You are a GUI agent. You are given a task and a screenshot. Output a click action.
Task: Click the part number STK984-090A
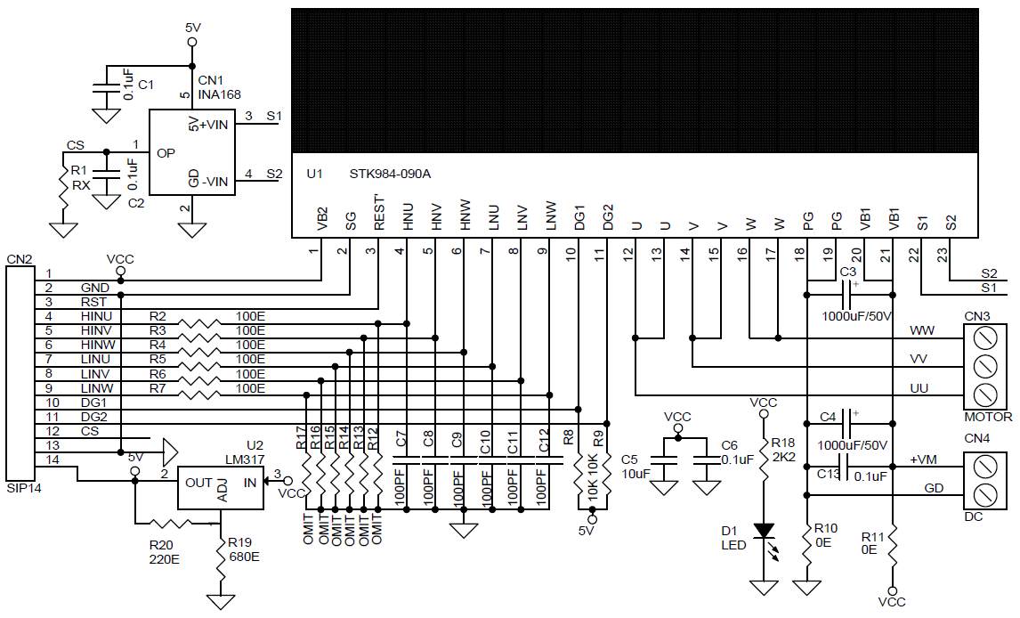click(390, 174)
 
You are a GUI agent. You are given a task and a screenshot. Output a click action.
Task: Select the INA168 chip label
click(219, 94)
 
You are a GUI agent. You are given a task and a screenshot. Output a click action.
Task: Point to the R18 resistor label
click(782, 443)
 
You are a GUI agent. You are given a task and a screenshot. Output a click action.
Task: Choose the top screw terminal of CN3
click(985, 338)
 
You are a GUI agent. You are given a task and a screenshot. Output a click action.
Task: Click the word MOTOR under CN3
click(988, 417)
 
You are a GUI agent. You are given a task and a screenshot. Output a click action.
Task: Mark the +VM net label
click(923, 459)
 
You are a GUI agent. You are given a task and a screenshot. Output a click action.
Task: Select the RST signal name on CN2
click(93, 302)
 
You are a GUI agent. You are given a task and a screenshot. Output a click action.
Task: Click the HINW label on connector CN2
click(98, 345)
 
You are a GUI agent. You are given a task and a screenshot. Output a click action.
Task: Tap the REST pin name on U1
click(379, 213)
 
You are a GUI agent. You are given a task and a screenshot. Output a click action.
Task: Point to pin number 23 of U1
click(943, 256)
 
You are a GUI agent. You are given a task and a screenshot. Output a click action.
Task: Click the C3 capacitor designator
click(847, 272)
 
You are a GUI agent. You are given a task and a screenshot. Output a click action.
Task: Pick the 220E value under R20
click(164, 559)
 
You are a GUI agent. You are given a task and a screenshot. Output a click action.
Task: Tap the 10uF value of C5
click(635, 474)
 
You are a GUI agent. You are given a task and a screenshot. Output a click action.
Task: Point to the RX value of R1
click(81, 185)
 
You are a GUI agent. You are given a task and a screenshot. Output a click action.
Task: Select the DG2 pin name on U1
click(608, 217)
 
